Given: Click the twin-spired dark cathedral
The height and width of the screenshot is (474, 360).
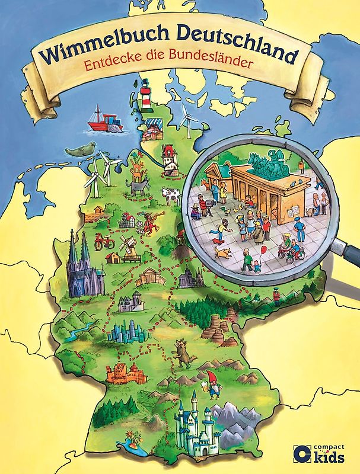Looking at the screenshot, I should point(81,270).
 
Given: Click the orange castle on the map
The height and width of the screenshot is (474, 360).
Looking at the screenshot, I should point(125,373).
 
